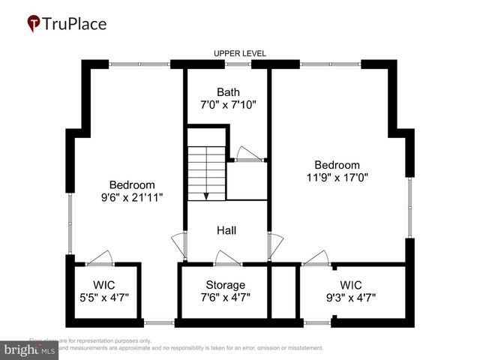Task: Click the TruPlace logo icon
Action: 33,24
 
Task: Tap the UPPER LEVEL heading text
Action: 240,53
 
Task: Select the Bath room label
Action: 229,92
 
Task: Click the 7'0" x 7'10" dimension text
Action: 229,106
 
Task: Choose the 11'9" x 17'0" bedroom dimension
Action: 337,178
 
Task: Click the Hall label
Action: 226,230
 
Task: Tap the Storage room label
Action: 226,285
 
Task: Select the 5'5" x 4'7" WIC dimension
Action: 104,297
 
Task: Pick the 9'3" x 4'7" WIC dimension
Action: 350,297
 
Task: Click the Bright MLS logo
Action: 30,349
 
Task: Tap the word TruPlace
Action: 74,23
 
